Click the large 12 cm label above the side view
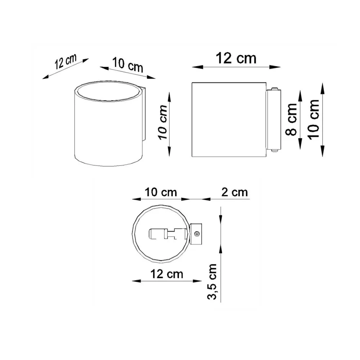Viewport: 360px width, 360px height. click(x=236, y=59)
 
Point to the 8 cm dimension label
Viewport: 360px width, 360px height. click(x=292, y=119)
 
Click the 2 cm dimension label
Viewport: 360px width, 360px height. click(x=235, y=192)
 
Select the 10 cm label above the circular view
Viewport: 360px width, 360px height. click(x=161, y=192)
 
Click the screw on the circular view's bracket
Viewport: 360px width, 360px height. click(x=197, y=234)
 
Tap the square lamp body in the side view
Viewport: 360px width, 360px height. click(x=228, y=119)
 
